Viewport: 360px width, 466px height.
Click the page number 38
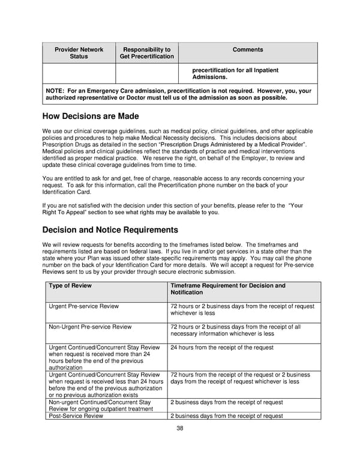pyautogui.click(x=179, y=428)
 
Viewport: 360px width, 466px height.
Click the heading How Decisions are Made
pyautogui.click(x=91, y=116)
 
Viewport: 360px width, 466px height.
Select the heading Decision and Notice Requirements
pyautogui.click(x=110, y=230)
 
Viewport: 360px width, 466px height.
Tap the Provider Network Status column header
pyautogui.click(x=79, y=53)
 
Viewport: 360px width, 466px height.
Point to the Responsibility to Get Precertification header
pyautogui.click(x=146, y=53)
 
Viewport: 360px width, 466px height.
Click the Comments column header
pyautogui.click(x=248, y=50)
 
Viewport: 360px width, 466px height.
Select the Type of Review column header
pyautogui.click(x=70, y=286)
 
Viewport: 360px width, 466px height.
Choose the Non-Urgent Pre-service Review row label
pyautogui.click(x=90, y=327)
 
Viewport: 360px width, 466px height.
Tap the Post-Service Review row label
pyautogui.click(x=76, y=416)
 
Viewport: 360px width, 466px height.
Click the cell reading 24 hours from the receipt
pyautogui.click(x=221, y=348)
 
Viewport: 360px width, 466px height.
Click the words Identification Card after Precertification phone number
pyautogui.click(x=67, y=192)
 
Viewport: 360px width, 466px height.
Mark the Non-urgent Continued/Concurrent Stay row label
pyautogui.click(x=99, y=405)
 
